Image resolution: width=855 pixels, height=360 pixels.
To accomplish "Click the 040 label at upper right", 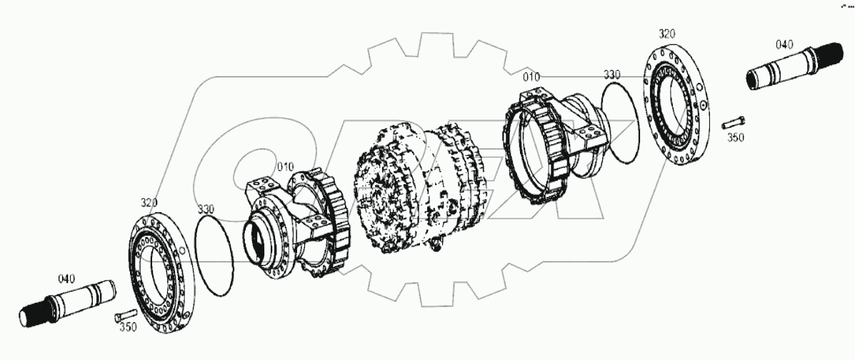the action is pos(784,45).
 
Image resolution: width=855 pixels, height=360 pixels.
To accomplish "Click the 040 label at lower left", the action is pos(66,279).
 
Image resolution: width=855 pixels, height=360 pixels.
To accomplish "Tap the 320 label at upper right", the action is pos(666,34).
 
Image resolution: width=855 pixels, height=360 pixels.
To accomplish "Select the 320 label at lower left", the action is pos(149,203).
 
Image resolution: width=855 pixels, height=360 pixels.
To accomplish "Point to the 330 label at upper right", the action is pos(612,74).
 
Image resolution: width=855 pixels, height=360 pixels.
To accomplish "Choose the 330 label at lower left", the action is pos(206,209).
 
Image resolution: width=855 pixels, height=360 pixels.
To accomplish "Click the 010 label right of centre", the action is pos(531,77).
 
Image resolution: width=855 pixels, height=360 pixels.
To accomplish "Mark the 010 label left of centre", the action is pos(284,167).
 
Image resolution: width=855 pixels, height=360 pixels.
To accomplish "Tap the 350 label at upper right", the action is pos(736,138).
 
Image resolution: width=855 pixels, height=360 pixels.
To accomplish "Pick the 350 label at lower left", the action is pos(128,327).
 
